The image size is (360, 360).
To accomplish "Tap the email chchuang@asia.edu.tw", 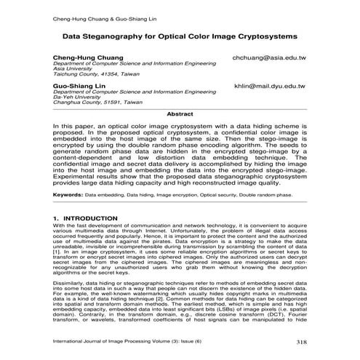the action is click(x=269, y=57).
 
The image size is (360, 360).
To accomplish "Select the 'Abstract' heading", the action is click(x=180, y=114).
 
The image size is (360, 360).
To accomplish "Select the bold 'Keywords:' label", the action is click(x=67, y=195).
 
